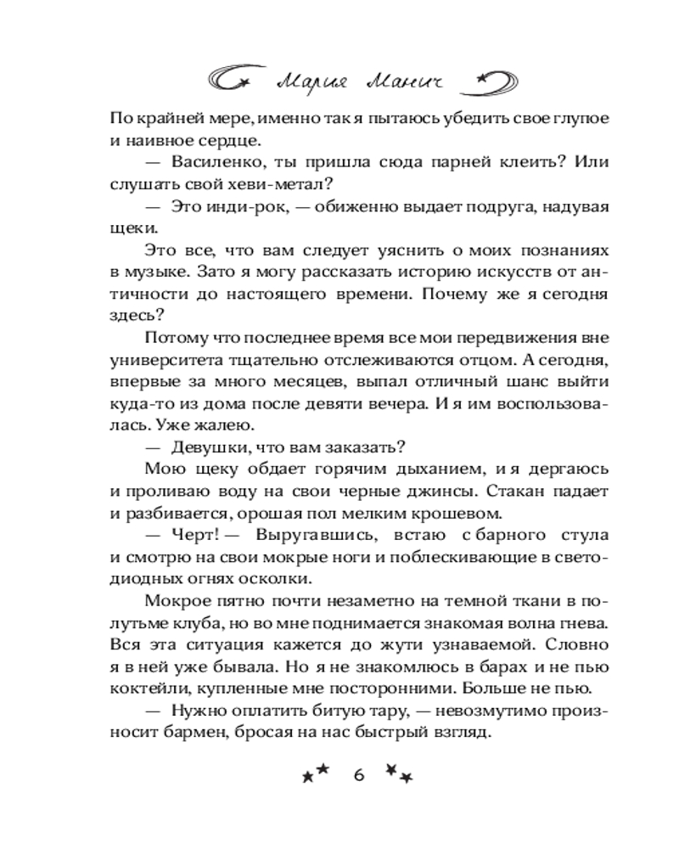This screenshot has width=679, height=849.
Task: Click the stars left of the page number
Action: point(315,774)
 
